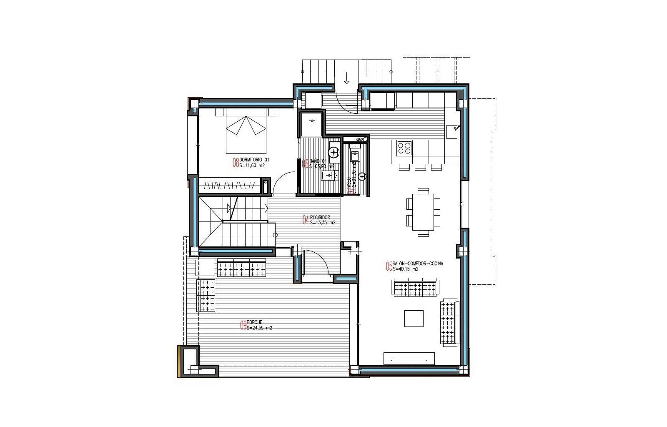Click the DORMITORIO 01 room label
[255, 160]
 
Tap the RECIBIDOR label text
[320, 217]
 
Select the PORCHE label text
[255, 322]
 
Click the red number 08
[236, 163]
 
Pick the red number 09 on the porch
[243, 325]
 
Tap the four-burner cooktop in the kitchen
[404, 148]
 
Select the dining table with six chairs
[423, 212]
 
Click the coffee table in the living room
[414, 318]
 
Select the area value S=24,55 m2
[259, 328]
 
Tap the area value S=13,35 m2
[322, 223]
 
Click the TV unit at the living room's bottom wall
[409, 358]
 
